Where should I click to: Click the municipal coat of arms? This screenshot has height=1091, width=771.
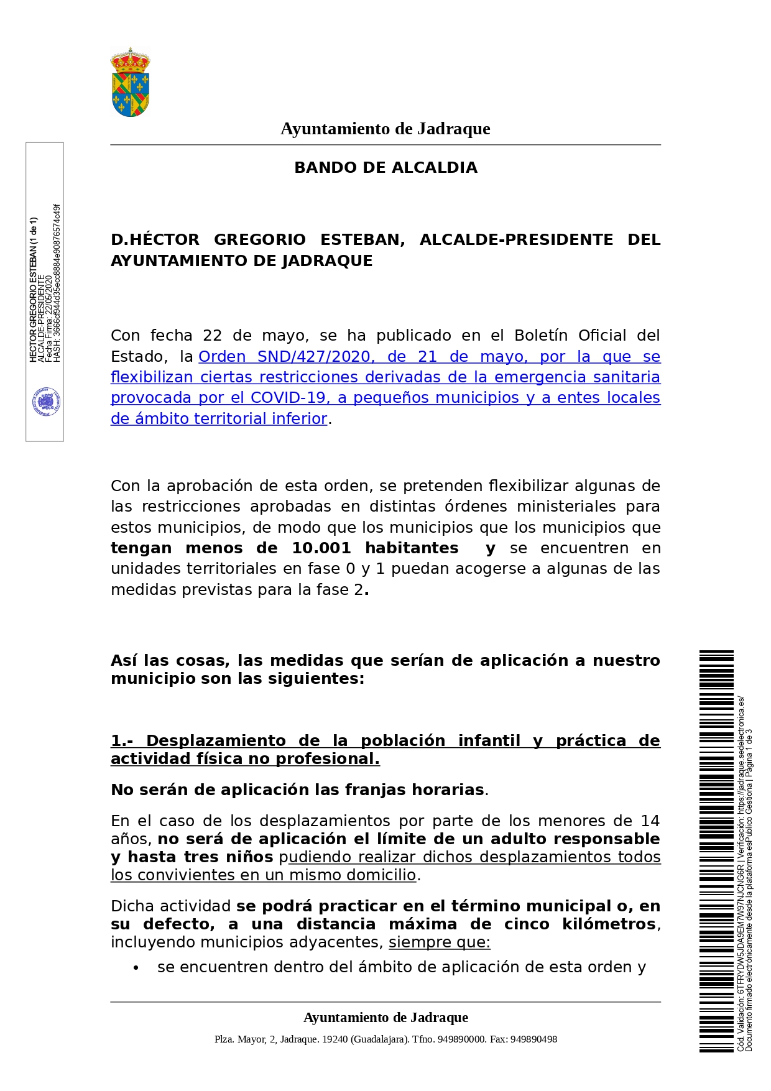click(x=130, y=83)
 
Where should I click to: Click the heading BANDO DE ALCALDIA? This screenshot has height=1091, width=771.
click(x=386, y=168)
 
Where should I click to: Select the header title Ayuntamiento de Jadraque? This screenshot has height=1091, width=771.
click(x=386, y=129)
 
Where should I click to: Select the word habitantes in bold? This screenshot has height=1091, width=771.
click(x=412, y=548)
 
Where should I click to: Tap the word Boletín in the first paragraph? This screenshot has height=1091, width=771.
click(x=540, y=336)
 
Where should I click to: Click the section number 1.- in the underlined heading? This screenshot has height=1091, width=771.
click(x=122, y=741)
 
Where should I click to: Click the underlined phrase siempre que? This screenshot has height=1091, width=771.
click(x=440, y=942)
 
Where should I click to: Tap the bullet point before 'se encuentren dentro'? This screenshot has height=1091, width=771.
click(x=136, y=968)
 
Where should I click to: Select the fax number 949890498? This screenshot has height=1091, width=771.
click(x=533, y=1039)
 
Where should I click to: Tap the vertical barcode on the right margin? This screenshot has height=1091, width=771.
click(x=716, y=851)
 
